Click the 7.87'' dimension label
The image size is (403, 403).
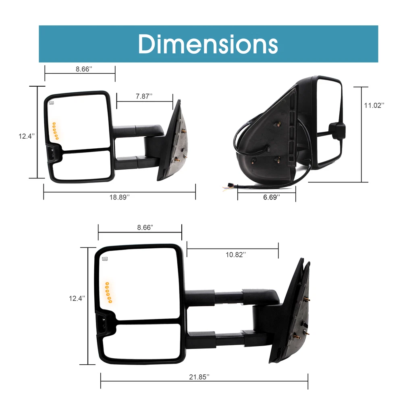[x=144, y=96]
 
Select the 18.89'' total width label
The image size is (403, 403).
[x=120, y=197]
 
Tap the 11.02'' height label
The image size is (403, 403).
[x=374, y=105]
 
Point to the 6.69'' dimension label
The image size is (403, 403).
[x=271, y=197]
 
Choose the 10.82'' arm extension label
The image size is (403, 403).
[x=236, y=255]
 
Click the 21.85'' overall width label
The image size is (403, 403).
[x=199, y=377]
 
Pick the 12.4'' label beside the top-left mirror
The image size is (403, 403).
[x=27, y=136]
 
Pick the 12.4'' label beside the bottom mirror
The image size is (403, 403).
[x=77, y=298]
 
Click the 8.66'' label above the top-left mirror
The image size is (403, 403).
[x=84, y=69]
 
